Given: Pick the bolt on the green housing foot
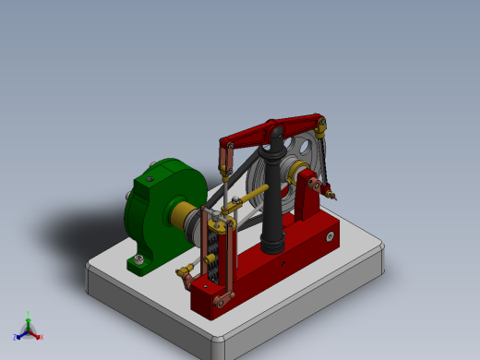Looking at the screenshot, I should point(138,261).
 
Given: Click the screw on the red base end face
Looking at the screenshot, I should point(330,237).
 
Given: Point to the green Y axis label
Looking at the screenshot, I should point(29,315).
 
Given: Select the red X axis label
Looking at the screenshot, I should point(41,337).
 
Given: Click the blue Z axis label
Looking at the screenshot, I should point(16,337).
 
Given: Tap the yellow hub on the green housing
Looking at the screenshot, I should point(180,216).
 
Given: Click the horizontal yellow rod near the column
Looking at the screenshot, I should point(254,195).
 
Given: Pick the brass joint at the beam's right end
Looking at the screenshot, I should point(321,123).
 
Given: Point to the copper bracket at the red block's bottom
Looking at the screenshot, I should point(222,297).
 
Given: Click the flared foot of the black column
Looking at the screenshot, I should point(272,246).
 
